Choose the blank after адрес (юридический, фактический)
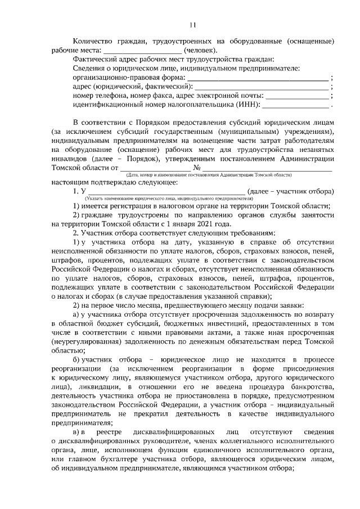click(262, 87)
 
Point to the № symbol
click(197, 167)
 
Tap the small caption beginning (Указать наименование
click(169, 199)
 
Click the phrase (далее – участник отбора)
click(292, 191)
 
